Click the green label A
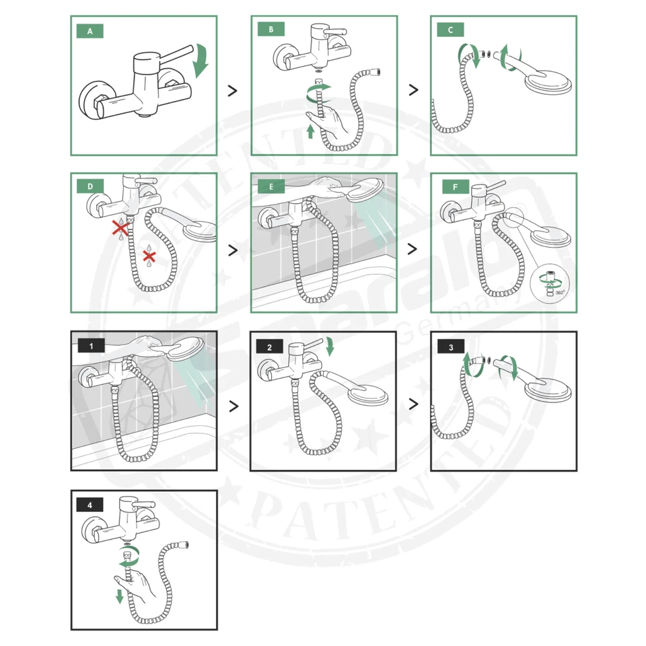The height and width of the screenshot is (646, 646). click(90, 30)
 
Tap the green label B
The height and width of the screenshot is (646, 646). click(271, 30)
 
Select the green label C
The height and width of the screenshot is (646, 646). click(450, 30)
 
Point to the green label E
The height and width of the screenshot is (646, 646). click(271, 186)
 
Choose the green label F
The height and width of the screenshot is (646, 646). click(450, 186)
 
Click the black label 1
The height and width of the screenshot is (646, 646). click(91, 346)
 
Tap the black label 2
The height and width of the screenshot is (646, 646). click(271, 347)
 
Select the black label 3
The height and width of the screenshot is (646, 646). click(450, 347)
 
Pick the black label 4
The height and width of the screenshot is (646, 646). click(91, 504)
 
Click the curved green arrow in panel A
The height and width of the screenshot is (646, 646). click(200, 61)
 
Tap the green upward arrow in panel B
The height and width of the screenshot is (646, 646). click(310, 131)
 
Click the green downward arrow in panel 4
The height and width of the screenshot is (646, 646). click(120, 596)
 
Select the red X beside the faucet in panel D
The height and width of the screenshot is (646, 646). click(120, 227)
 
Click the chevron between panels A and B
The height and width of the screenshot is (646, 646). click(233, 91)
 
